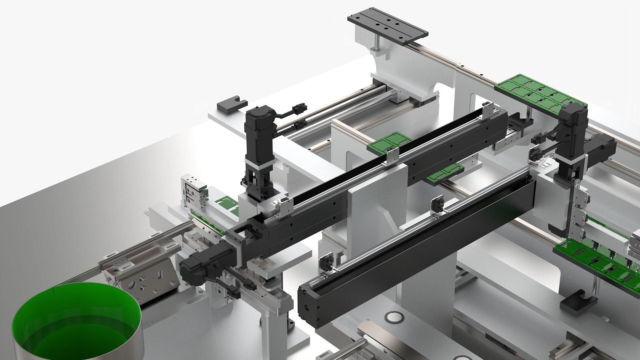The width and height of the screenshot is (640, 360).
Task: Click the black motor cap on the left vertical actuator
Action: pyautogui.click(x=260, y=114)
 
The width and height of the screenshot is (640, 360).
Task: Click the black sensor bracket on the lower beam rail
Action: pyautogui.click(x=437, y=207)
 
